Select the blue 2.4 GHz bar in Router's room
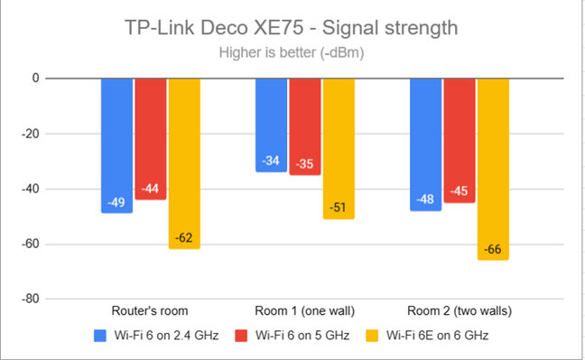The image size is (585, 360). (x=117, y=144)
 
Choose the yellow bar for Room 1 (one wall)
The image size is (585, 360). (x=339, y=148)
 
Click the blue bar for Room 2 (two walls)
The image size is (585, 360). (x=426, y=143)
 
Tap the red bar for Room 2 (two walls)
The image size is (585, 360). (x=460, y=140)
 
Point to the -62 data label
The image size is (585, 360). (x=184, y=238)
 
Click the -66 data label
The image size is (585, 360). (x=494, y=249)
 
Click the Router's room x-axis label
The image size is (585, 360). (x=151, y=311)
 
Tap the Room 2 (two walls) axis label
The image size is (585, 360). (x=460, y=311)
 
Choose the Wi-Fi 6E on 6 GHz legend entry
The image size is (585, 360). (x=440, y=336)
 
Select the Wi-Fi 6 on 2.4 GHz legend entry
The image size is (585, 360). (x=159, y=336)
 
